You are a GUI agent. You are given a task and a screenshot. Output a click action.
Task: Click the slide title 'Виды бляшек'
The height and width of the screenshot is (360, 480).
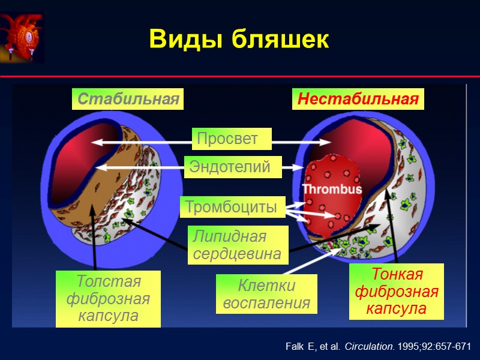239,40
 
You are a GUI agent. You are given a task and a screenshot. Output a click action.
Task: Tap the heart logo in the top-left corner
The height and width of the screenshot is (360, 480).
22,38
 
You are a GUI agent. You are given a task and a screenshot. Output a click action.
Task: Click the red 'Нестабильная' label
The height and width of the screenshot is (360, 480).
358,99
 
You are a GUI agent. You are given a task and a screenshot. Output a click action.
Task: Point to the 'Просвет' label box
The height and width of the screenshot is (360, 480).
231,139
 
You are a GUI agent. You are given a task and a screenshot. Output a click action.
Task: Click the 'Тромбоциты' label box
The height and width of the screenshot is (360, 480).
232,207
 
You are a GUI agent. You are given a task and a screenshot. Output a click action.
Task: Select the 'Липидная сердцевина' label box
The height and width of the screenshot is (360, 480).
238,245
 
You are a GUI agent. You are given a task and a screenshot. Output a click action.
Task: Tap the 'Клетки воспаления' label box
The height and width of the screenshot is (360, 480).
266,294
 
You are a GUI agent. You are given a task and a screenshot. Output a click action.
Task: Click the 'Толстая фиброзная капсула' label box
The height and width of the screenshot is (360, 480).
108,298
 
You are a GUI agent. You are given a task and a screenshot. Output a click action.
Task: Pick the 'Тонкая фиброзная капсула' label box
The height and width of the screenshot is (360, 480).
397,292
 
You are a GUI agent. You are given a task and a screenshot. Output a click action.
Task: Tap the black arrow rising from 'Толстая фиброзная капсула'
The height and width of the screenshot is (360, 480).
94,240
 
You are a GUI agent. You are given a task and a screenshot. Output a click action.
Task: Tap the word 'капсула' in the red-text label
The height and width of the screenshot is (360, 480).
397,309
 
